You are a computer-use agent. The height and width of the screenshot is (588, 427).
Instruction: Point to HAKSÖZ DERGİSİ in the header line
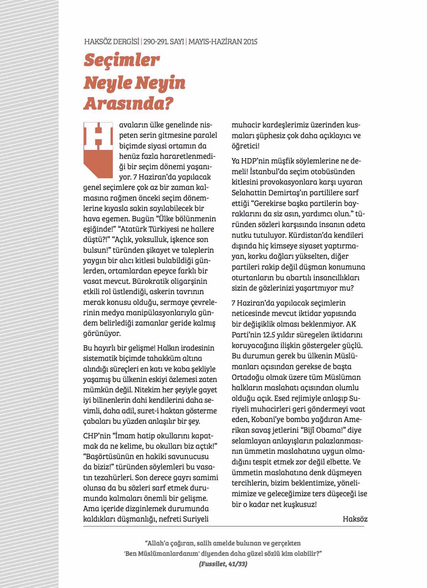(x=112, y=42)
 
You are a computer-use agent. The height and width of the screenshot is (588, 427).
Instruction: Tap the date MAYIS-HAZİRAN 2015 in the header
(x=223, y=42)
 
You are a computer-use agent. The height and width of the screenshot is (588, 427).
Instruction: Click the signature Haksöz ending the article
(x=355, y=518)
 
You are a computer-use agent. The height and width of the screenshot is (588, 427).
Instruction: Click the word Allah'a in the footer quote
(x=159, y=543)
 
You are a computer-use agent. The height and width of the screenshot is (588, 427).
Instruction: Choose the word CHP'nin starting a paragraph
(x=96, y=436)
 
